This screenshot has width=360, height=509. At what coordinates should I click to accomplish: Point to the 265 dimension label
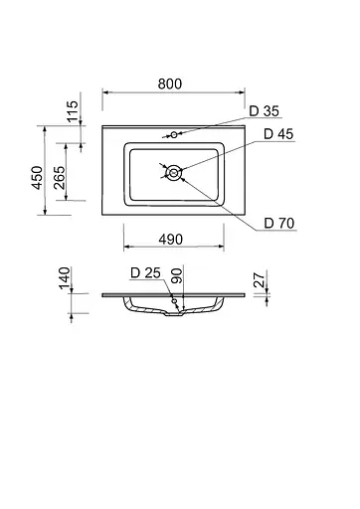[61, 177]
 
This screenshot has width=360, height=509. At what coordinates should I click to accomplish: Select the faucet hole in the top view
[173, 133]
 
